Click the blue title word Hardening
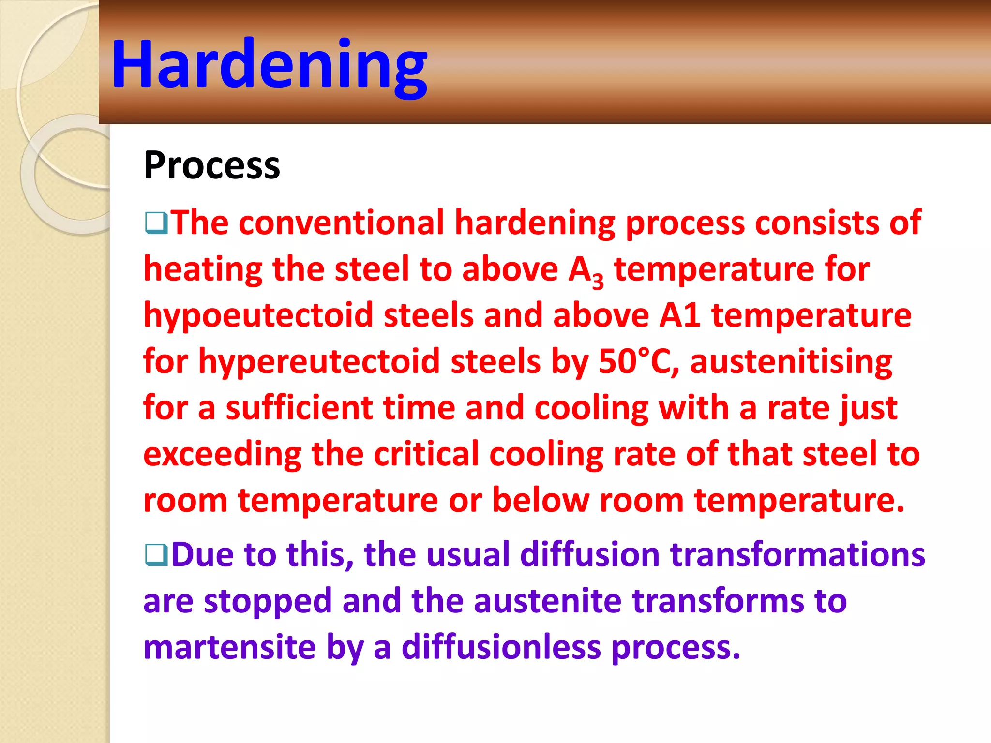[269, 64]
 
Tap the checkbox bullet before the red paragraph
[156, 223]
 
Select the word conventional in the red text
[341, 223]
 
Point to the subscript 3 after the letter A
[598, 280]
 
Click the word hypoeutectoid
[258, 315]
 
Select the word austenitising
[791, 362]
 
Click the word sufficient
[299, 408]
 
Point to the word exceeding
[222, 454]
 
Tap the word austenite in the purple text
[547, 601]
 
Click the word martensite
[230, 647]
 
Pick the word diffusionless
[501, 647]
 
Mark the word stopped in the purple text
[267, 601]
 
